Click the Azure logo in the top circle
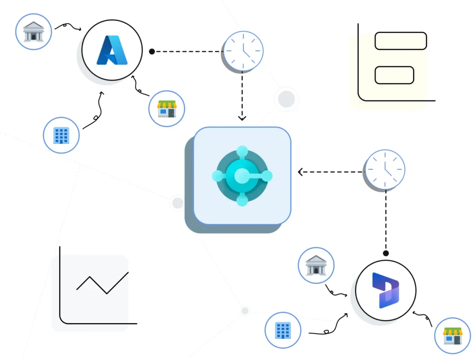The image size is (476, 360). tap(112, 50)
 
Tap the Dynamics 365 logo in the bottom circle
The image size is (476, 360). tap(385, 291)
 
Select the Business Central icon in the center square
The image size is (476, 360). tap(242, 175)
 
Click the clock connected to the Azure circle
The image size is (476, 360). tap(243, 51)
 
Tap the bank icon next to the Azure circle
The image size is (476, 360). tap(33, 31)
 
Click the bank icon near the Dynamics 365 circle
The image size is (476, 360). tap(316, 265)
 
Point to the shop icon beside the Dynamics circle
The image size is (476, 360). tap(452, 336)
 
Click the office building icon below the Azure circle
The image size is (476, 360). tap(61, 135)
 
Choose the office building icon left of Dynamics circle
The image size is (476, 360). tap(283, 331)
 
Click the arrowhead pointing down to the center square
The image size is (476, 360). tap(242, 117)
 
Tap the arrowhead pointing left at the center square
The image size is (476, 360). tap(301, 172)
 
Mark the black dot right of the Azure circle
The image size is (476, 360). tap(152, 52)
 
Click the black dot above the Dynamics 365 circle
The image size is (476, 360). tap(385, 253)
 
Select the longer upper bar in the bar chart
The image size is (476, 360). tap(400, 41)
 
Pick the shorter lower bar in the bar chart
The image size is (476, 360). tap(394, 75)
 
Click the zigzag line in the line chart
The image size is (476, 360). tap(102, 283)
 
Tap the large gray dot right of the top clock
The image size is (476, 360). tap(286, 99)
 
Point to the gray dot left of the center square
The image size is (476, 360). tap(178, 203)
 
